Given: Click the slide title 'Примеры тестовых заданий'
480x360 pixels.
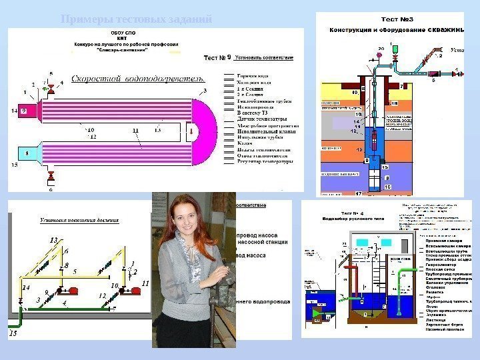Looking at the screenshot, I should pos(136,19).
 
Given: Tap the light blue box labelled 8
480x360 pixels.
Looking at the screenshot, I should pos(27,154).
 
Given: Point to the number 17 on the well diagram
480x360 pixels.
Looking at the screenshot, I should pos(359,193).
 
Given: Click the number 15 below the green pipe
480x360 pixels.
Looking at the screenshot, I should pos(13,332).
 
